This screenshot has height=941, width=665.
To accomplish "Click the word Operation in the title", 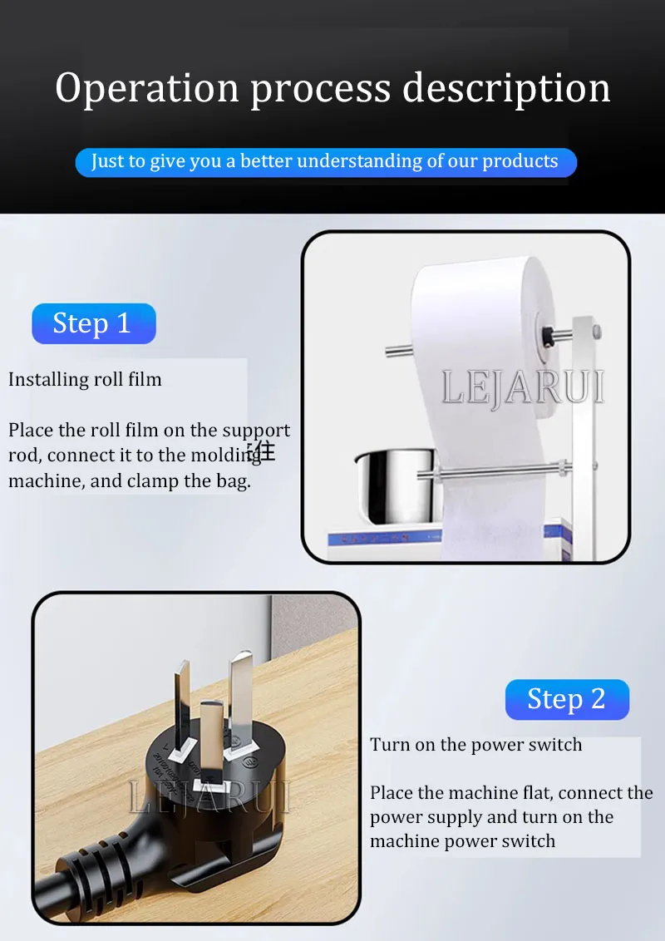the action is click(x=147, y=88).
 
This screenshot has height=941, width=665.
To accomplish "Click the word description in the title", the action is click(x=506, y=88).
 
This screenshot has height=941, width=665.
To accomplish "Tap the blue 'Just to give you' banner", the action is click(x=326, y=162).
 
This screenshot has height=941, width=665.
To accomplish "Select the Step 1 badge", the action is click(x=94, y=323).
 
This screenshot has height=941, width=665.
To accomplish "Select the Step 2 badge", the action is click(x=567, y=699).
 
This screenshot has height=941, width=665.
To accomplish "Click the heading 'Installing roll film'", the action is click(x=85, y=379).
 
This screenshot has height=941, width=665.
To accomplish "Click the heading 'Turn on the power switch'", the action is click(x=476, y=745).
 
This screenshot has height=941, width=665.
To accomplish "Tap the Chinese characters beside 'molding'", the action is click(x=263, y=451).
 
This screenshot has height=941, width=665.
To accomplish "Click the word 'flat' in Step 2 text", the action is click(x=538, y=793).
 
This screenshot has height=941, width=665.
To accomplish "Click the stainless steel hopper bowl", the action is click(x=394, y=485).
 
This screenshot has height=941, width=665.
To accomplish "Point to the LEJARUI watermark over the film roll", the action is click(x=523, y=387).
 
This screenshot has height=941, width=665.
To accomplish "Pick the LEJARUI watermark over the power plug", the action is click(x=209, y=796).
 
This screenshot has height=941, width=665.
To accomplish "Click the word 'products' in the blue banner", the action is click(x=520, y=161).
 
